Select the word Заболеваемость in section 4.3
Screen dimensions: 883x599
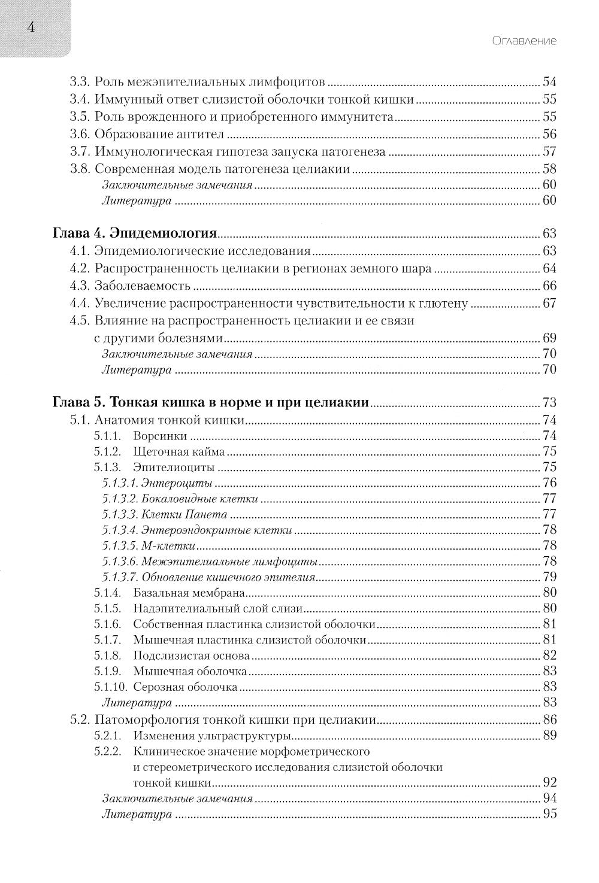coord(143,286)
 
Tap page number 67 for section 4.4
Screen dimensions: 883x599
coord(549,304)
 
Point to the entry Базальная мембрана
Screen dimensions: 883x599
coord(189,594)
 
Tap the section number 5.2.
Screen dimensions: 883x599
coord(80,720)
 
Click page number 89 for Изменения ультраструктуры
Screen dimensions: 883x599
coord(549,736)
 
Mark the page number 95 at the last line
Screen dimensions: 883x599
coord(549,814)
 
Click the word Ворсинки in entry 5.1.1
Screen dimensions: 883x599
coord(160,436)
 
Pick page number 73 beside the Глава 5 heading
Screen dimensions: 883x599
coord(549,402)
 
